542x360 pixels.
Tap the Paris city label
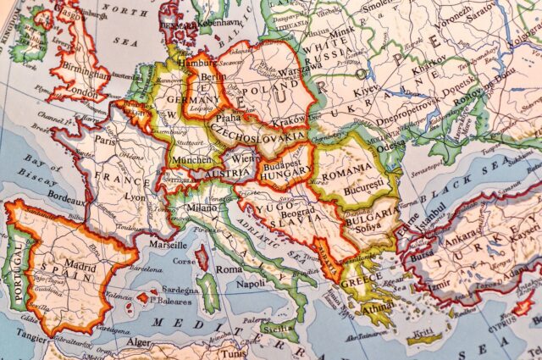pos(104,141)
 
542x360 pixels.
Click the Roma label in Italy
pos(230,269)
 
